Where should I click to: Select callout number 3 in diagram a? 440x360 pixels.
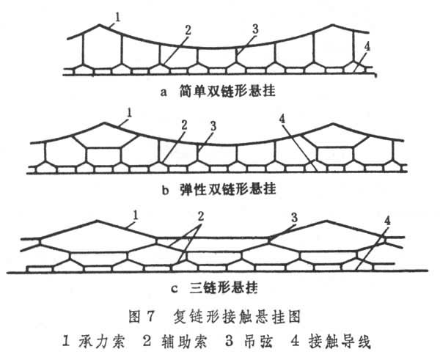[255, 29]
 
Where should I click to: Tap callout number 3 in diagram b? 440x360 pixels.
[213, 126]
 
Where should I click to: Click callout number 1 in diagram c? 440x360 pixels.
[136, 216]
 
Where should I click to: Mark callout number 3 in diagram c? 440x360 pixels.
[293, 218]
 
